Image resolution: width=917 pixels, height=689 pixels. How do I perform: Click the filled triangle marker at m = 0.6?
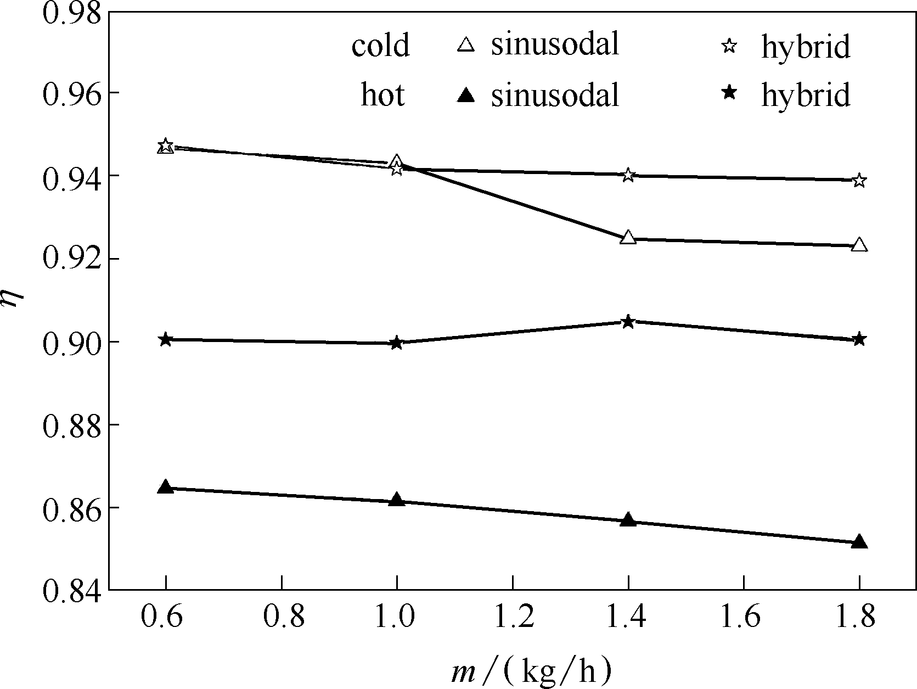166,488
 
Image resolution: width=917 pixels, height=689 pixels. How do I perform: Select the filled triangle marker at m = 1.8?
859,542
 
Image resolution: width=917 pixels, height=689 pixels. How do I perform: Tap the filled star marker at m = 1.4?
628,322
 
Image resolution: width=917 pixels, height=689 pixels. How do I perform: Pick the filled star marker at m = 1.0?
397,343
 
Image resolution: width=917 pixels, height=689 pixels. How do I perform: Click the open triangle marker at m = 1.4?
628,238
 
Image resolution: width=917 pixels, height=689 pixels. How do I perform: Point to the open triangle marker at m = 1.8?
859,245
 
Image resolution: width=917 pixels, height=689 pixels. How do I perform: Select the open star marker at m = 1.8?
859,181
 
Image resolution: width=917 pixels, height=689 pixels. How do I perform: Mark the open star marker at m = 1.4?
628,176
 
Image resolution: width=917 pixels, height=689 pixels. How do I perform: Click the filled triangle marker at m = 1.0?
397,500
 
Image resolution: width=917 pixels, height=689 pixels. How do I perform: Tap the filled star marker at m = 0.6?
166,340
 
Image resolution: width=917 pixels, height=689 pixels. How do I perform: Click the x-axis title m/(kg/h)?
531,671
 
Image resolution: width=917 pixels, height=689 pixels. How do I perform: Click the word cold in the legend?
380,45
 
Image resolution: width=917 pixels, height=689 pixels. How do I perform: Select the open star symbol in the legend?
729,46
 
